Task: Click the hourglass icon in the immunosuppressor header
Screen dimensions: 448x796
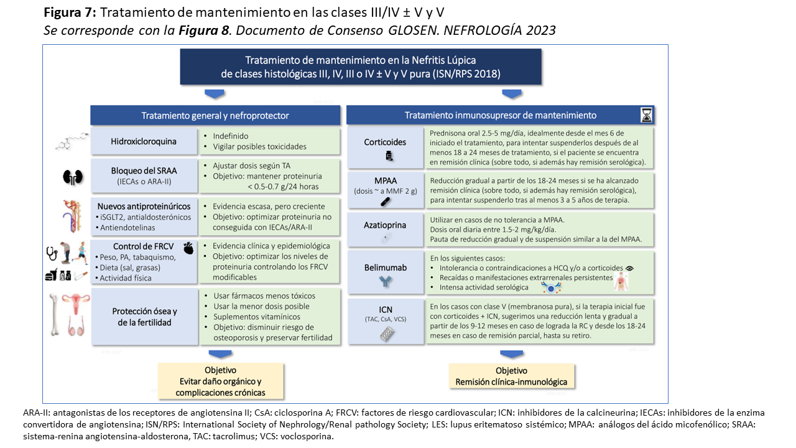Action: point(647,115)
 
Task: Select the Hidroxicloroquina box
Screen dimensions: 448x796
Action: point(144,141)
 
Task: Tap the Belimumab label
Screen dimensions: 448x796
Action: point(385,268)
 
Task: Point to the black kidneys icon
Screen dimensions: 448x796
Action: point(72,177)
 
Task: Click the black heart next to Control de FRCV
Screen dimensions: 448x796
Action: point(190,246)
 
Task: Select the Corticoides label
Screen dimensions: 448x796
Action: point(385,142)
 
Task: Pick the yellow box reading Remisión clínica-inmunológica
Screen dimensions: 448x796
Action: point(511,377)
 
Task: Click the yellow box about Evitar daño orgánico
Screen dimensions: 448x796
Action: point(220,381)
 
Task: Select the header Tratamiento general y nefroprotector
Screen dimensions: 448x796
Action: point(215,115)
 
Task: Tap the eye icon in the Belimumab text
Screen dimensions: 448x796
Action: point(630,268)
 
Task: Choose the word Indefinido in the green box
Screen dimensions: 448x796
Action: point(231,136)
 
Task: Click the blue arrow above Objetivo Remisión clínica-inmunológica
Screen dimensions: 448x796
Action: point(511,354)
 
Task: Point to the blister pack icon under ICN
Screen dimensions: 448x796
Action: point(386,335)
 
